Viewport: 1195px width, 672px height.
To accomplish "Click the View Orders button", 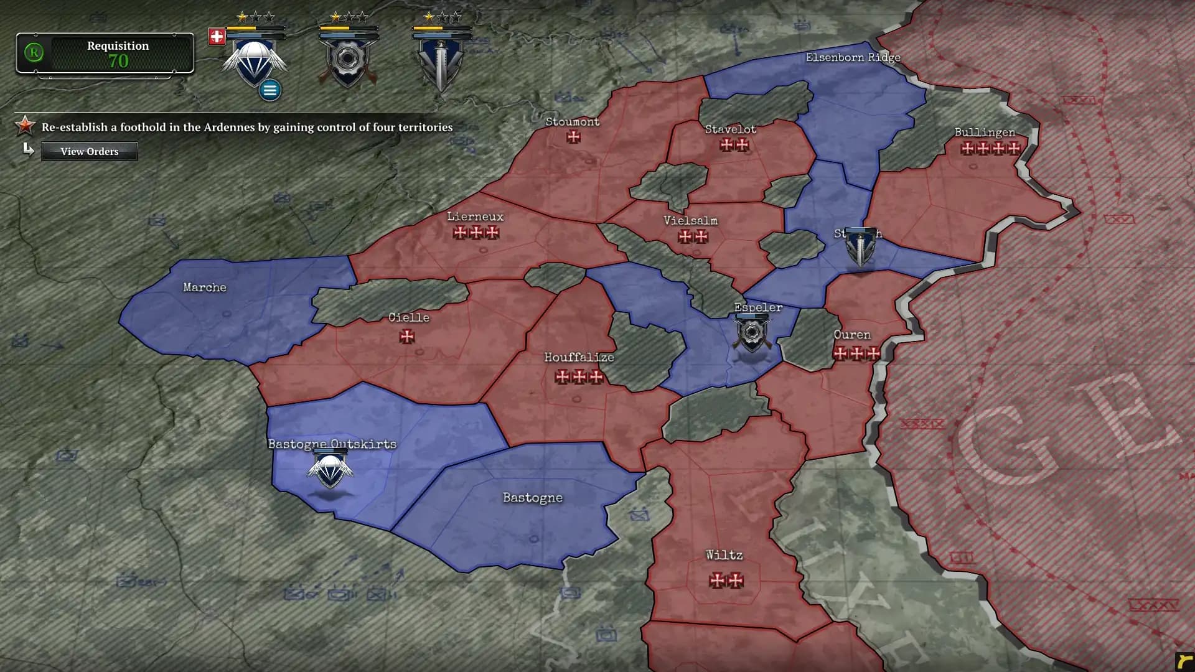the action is (x=89, y=151).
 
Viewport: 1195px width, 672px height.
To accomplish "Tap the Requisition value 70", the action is (x=118, y=61).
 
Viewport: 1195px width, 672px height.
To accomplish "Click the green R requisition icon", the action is (x=34, y=52).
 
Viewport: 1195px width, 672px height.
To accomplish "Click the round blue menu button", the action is (x=269, y=90).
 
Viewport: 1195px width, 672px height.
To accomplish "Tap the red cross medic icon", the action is (x=217, y=37).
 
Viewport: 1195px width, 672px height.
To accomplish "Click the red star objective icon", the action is (x=25, y=126).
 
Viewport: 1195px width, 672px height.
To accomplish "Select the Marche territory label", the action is (x=205, y=287).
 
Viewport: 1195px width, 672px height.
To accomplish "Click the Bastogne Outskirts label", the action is (x=332, y=444).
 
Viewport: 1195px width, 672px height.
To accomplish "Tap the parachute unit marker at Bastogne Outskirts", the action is (x=330, y=470).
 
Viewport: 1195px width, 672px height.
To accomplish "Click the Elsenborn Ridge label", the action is (x=853, y=57).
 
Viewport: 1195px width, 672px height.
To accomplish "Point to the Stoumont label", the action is (x=573, y=122).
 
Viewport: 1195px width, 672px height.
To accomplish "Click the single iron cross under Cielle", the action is (x=407, y=337).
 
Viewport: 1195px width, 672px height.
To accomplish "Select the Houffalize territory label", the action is (x=579, y=357).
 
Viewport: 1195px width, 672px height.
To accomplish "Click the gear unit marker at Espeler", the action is (x=752, y=334).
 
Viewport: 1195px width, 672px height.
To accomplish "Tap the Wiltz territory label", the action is (x=724, y=555).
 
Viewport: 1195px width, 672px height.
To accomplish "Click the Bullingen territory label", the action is (x=985, y=133).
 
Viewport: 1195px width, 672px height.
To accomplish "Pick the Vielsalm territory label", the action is (x=690, y=221).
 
